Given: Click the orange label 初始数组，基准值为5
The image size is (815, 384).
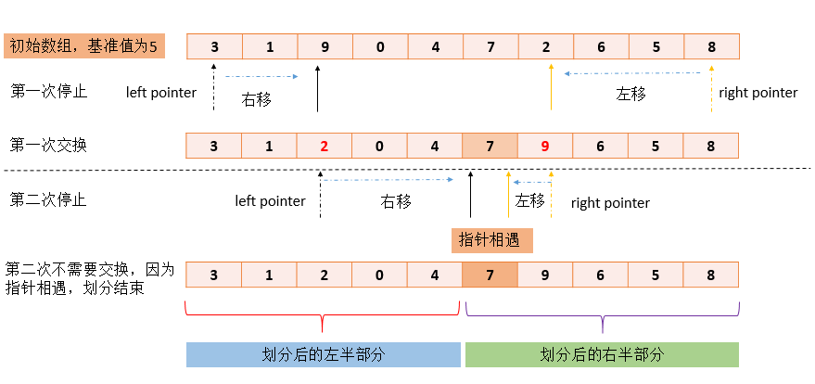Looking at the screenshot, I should (83, 45).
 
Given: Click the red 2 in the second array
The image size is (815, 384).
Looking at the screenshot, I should (325, 146).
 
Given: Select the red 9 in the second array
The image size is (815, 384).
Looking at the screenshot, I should (544, 146).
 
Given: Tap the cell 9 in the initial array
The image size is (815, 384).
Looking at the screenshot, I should (325, 46).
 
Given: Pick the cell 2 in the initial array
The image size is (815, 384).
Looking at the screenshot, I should (544, 46).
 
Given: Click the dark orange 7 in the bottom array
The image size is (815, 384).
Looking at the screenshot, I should (490, 275).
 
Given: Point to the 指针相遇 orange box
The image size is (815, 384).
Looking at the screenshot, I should (492, 240).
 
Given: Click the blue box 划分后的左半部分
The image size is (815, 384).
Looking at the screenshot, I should (323, 354).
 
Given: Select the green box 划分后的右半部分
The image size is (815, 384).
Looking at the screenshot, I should (602, 354).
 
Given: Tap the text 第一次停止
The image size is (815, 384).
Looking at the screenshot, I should (49, 91).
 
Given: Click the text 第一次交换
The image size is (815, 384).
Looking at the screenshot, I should (49, 145).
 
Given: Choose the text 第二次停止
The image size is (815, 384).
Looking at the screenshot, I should (49, 199).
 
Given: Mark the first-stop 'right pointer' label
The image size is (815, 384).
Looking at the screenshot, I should (758, 93).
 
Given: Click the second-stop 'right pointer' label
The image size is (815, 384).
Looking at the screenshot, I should (610, 203).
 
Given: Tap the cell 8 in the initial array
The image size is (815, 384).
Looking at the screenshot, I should (710, 46).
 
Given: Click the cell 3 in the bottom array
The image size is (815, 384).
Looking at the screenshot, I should (214, 275).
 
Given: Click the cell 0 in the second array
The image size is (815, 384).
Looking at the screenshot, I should (379, 146).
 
